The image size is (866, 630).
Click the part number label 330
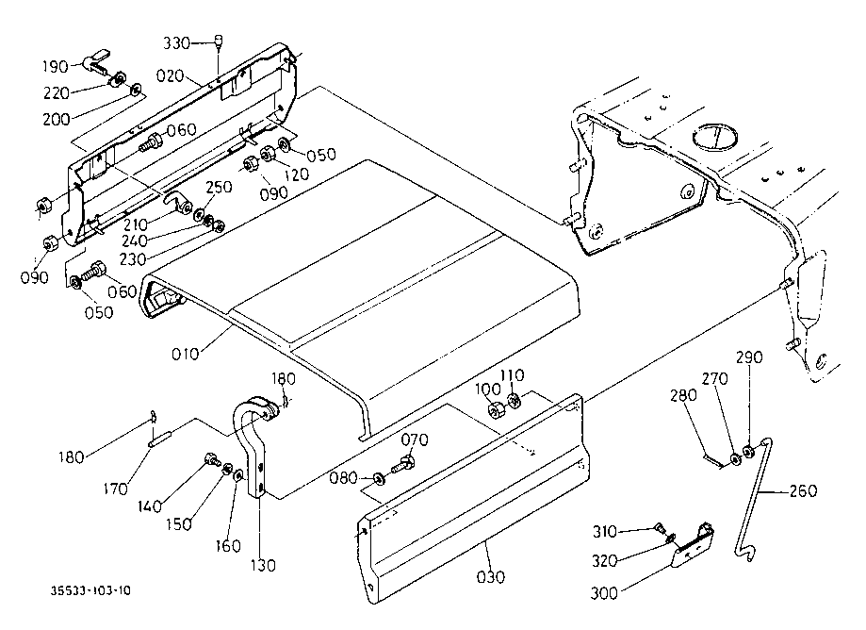click(x=177, y=43)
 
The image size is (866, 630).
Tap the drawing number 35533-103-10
click(x=91, y=590)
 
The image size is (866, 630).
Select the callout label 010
click(x=185, y=354)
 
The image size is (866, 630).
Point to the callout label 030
click(x=490, y=577)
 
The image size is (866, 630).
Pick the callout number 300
click(x=604, y=593)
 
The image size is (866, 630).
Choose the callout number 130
click(x=263, y=565)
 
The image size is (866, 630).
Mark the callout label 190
click(x=56, y=67)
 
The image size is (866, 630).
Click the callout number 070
click(x=415, y=439)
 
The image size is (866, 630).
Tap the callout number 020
click(x=170, y=75)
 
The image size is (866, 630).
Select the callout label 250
click(x=219, y=187)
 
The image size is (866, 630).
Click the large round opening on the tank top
click(x=714, y=136)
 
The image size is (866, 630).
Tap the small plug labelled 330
click(x=219, y=41)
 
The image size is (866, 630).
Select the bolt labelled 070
click(x=402, y=464)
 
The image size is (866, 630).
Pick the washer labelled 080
click(x=379, y=478)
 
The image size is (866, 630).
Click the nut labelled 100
click(x=495, y=410)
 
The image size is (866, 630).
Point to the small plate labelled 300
click(x=693, y=545)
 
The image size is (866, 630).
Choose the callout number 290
click(x=749, y=357)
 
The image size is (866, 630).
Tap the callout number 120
click(x=296, y=174)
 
